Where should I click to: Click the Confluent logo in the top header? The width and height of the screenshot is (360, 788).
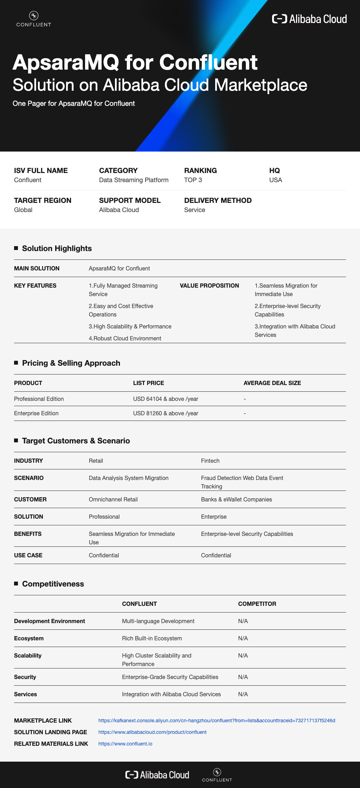pos(34,19)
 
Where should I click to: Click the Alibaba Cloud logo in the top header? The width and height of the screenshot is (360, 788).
pos(309,19)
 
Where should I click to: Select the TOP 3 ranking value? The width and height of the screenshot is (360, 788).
pos(193,180)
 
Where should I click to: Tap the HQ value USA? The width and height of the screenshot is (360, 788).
pos(276,180)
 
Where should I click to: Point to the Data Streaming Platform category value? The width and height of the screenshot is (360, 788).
pos(134,180)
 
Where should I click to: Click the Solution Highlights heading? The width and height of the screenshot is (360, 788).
pos(57,249)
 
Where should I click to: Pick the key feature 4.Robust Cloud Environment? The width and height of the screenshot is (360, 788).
pos(125,338)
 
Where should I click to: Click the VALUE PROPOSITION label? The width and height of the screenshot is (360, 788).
pos(209,286)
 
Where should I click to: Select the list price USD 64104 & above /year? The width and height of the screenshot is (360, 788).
pos(166,399)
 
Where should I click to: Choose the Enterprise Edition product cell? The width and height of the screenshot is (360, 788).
pos(36,413)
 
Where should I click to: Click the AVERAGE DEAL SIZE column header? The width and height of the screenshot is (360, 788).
pos(272,383)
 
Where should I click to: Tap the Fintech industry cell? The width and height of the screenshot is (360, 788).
pos(210,461)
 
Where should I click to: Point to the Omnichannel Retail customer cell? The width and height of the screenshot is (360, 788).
pos(113,499)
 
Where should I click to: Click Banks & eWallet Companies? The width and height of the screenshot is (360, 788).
pos(236,499)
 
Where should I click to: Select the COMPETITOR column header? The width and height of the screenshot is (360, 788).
pos(257,604)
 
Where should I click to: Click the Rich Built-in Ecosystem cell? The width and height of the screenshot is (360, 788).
pos(152,638)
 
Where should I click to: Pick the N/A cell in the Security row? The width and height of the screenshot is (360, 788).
pos(243,677)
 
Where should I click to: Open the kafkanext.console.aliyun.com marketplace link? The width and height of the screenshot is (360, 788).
pos(217,720)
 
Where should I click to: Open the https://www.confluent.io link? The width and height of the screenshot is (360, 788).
pos(125,744)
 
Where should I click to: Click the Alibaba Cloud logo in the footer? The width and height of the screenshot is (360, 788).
pos(157,775)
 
